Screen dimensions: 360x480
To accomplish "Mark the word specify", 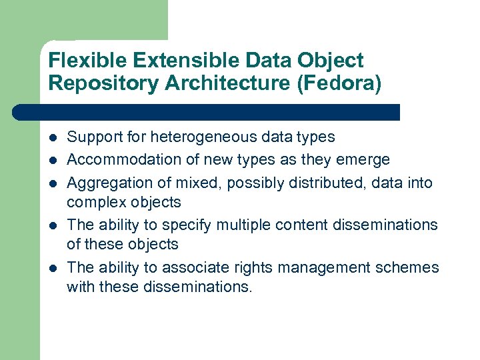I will (x=201, y=225).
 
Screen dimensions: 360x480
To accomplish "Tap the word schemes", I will (x=410, y=267).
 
